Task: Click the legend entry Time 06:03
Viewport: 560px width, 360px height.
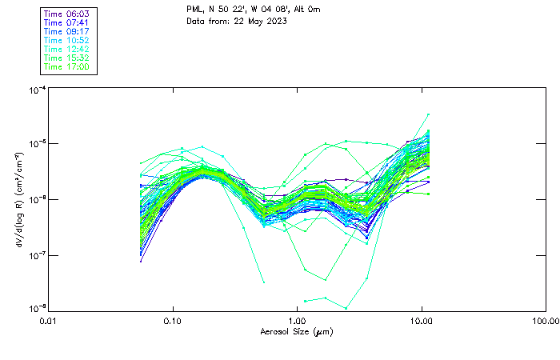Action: click(67, 14)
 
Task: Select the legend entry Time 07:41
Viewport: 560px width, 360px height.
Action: click(67, 22)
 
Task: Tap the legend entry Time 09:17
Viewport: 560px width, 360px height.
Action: click(67, 31)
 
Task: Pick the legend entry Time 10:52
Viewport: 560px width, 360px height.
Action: click(67, 40)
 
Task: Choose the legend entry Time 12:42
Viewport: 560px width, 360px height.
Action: click(67, 49)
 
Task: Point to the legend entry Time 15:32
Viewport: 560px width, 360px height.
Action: click(67, 58)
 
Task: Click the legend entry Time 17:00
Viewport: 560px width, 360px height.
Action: click(67, 66)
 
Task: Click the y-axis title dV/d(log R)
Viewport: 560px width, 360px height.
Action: click(18, 200)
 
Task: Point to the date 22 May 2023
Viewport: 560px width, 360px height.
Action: click(259, 20)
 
